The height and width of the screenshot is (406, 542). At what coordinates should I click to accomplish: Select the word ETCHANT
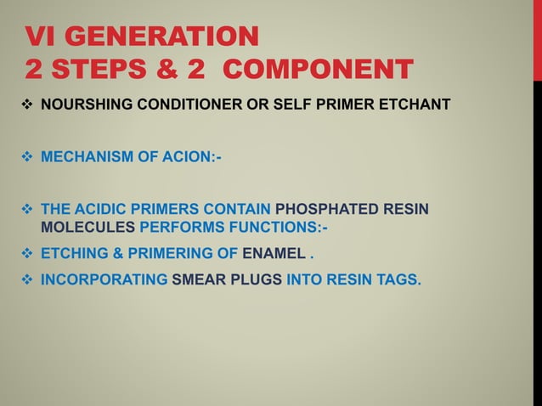click(419, 104)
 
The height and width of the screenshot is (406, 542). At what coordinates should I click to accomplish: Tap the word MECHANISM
click(88, 156)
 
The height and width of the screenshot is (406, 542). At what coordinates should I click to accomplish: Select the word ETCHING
click(75, 252)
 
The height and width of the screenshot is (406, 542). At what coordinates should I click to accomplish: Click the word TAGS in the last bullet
click(398, 278)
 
